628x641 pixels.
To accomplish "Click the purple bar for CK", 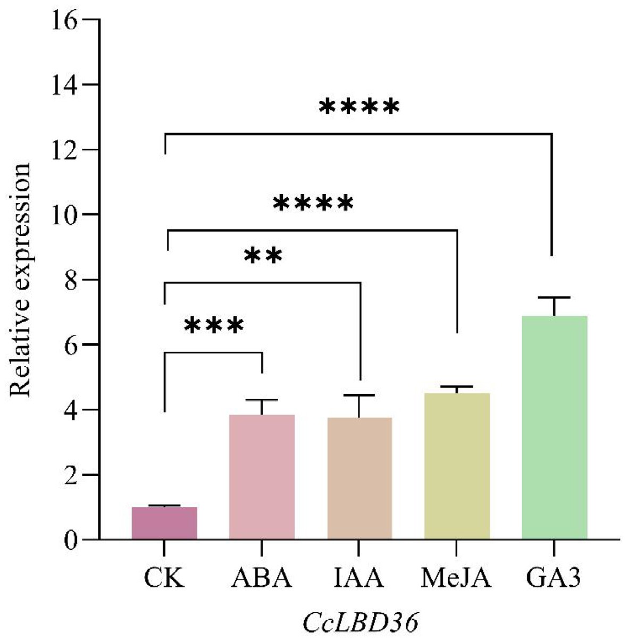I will pos(164,523).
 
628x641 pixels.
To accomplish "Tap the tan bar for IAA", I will pos(359,478).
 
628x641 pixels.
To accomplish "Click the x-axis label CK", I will pos(164,578).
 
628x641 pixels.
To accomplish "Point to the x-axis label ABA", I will pos(262,578).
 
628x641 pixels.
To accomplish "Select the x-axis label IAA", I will pos(359,578).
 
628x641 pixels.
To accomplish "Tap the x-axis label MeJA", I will pos(456,578).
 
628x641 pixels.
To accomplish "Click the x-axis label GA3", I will pos(554,578).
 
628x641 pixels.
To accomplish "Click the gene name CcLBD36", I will pos(360,622).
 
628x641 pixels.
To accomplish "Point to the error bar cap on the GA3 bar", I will pos(554,298).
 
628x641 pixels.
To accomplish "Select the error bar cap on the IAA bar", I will pos(359,395).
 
